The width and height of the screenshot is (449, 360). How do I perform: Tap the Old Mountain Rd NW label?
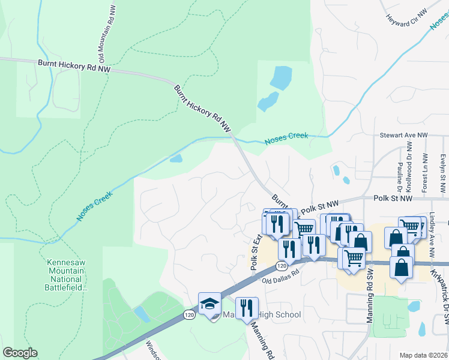103,33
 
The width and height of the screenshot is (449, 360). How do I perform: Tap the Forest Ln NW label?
424,173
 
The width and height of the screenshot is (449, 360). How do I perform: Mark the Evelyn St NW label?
442,173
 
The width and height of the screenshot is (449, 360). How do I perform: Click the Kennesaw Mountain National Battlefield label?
67,275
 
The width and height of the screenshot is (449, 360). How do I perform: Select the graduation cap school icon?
210,304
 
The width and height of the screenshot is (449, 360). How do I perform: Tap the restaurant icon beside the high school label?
247,308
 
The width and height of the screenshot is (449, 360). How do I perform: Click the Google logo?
20,353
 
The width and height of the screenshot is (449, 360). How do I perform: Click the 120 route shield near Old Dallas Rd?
282,266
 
